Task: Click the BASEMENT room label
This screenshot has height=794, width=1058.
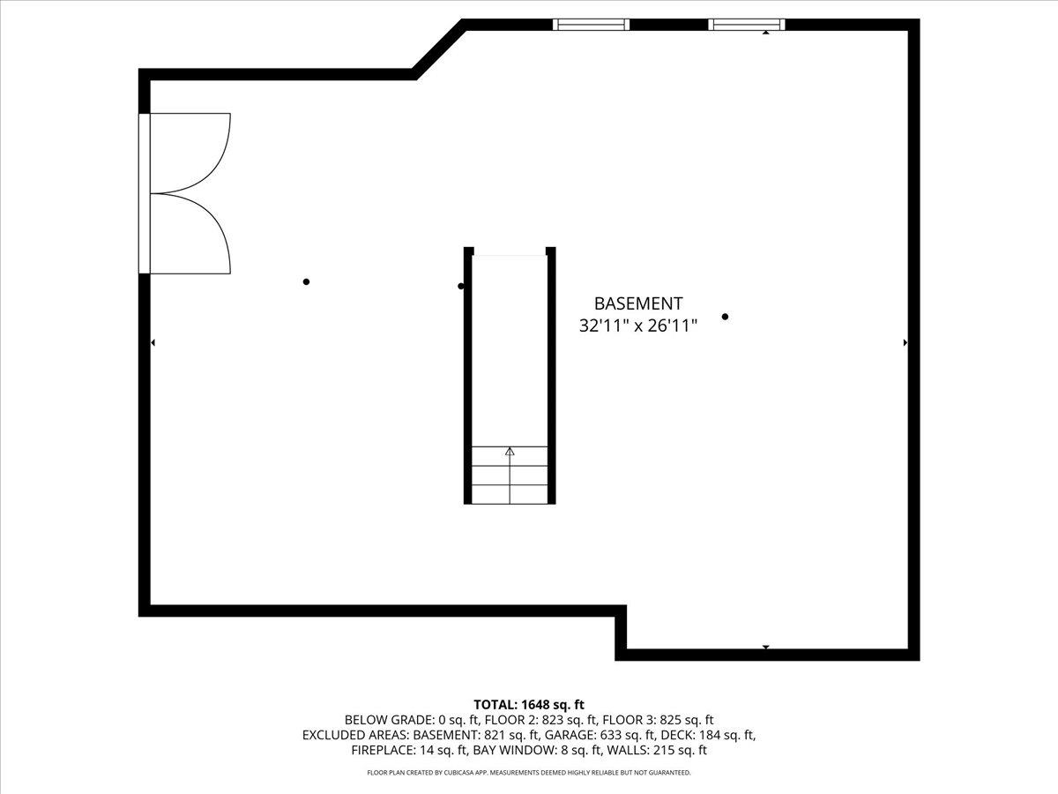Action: coord(638,303)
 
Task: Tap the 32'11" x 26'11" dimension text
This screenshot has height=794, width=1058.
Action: coord(638,326)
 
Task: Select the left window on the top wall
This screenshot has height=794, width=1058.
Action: coord(591,25)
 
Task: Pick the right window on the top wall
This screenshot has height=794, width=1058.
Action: coord(747,25)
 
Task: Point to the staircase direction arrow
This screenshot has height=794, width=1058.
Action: coord(510,476)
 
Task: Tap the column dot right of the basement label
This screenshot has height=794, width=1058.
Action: coord(725,317)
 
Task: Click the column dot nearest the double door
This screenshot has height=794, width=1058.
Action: coord(306,281)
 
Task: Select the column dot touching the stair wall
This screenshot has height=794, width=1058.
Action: coord(461,287)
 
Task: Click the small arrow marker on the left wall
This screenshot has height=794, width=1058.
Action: coord(153,343)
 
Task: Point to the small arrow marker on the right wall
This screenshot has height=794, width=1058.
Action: coord(905,343)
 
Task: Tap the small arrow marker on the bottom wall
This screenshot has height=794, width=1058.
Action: coord(766,647)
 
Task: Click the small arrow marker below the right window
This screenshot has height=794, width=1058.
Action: coord(766,33)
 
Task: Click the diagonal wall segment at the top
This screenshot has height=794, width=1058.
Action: coord(438,49)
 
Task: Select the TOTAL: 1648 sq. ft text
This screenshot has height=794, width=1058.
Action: coord(529,705)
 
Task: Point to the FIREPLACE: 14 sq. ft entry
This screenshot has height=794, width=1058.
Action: coord(410,750)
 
